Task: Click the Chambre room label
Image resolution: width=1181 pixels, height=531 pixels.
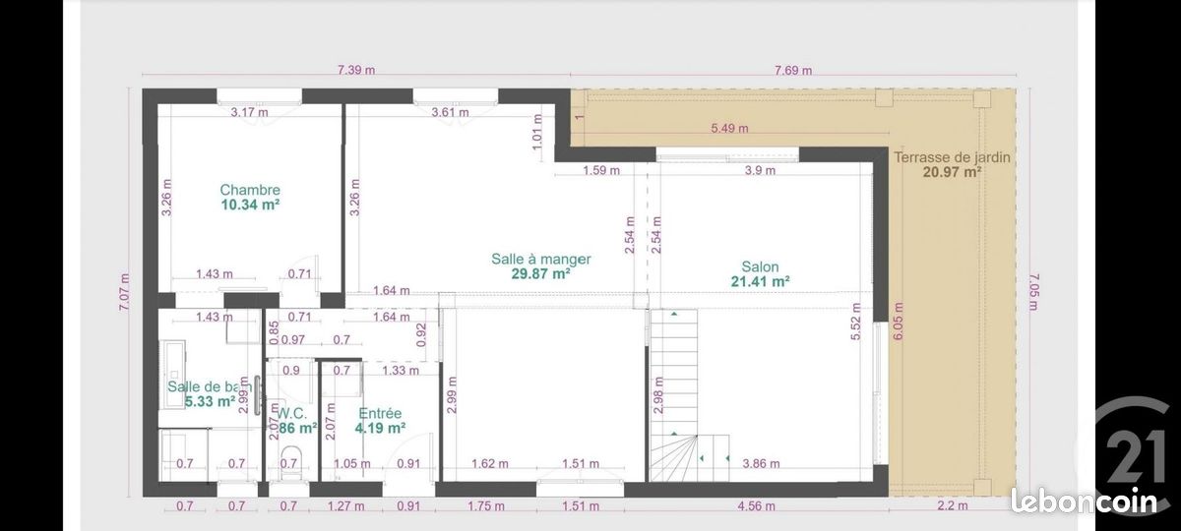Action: click(x=250, y=190)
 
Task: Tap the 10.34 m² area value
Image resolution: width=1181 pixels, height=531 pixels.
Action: click(x=250, y=206)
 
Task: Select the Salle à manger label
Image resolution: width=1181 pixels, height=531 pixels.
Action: click(x=540, y=260)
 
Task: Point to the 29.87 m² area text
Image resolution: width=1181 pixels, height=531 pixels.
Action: click(x=540, y=274)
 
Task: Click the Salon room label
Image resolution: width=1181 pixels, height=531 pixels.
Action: click(x=760, y=266)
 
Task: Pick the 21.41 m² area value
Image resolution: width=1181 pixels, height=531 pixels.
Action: click(x=760, y=281)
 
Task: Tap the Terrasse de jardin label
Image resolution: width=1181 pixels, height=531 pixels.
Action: click(x=952, y=156)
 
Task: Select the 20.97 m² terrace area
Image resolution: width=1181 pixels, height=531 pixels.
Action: click(x=952, y=171)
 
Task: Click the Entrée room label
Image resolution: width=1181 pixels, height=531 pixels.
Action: click(x=380, y=413)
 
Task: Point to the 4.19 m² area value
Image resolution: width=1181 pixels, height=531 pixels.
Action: click(x=380, y=428)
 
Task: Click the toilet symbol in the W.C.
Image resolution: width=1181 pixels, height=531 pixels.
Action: click(x=289, y=461)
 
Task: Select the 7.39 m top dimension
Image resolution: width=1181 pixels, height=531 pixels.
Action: click(x=356, y=70)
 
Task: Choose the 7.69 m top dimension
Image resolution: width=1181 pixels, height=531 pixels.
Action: click(x=793, y=70)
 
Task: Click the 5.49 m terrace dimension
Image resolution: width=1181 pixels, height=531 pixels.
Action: click(x=729, y=128)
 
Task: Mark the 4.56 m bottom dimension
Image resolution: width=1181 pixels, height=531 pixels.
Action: click(x=756, y=506)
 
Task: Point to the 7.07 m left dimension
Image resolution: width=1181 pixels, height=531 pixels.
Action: click(x=124, y=291)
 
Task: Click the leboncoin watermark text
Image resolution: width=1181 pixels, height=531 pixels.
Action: click(x=1085, y=501)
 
